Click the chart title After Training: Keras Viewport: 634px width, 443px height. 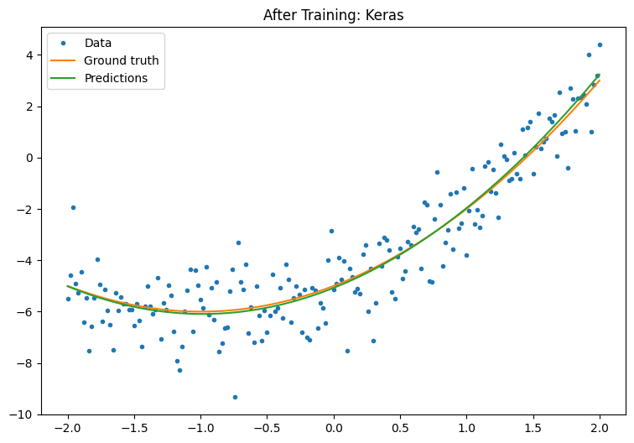(x=333, y=15)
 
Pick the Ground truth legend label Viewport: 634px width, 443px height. (x=121, y=60)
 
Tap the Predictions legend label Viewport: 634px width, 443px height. (x=116, y=78)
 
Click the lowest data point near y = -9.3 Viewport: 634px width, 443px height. (x=235, y=397)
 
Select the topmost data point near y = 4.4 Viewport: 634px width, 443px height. (x=600, y=44)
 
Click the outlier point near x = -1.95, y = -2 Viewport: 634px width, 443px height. (x=73, y=207)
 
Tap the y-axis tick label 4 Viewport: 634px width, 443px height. (x=32, y=55)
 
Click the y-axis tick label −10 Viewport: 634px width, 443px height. (x=25, y=414)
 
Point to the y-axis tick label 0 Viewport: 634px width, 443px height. (x=32, y=158)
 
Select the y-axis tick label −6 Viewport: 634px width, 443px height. (x=29, y=312)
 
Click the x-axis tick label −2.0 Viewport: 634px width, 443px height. (x=67, y=429)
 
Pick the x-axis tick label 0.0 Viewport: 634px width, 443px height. (x=334, y=429)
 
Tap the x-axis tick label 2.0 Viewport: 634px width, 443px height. (x=600, y=429)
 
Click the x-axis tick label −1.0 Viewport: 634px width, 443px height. (x=200, y=429)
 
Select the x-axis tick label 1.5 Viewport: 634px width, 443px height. (x=533, y=429)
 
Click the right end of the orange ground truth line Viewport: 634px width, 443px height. (x=600, y=81)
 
